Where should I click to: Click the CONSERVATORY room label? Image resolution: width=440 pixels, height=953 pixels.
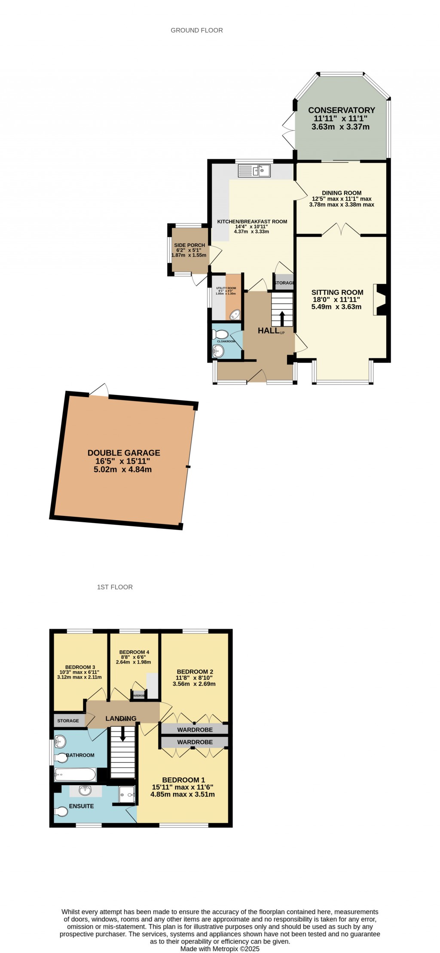pyautogui.click(x=342, y=110)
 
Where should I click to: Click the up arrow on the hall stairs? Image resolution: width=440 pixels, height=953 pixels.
pyautogui.click(x=282, y=318)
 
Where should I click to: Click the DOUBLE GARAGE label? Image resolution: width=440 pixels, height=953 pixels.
pyautogui.click(x=124, y=453)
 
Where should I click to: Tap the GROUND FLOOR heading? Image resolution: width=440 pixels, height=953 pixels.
pyautogui.click(x=197, y=30)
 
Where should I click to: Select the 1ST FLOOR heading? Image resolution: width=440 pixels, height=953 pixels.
pyautogui.click(x=115, y=587)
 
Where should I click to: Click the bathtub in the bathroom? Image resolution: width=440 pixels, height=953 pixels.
pyautogui.click(x=75, y=774)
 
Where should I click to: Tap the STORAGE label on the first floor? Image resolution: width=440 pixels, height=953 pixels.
pyautogui.click(x=68, y=721)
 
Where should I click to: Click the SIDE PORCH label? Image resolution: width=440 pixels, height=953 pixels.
pyautogui.click(x=189, y=245)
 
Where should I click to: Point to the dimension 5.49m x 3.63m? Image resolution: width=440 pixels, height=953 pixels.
pyautogui.click(x=336, y=307)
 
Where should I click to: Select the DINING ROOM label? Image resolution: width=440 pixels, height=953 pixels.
pyautogui.click(x=342, y=193)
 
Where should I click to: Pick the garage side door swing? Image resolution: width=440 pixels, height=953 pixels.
pyautogui.click(x=100, y=389)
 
